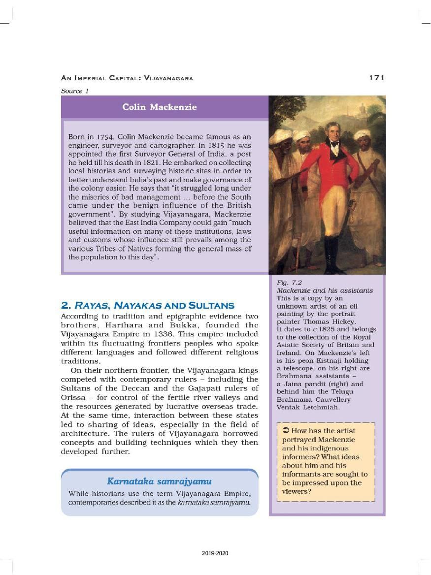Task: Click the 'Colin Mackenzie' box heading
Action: tap(159, 107)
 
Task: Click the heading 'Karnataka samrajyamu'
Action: tap(159, 481)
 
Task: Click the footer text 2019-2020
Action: tap(215, 553)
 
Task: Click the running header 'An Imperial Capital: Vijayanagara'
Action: tap(127, 78)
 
